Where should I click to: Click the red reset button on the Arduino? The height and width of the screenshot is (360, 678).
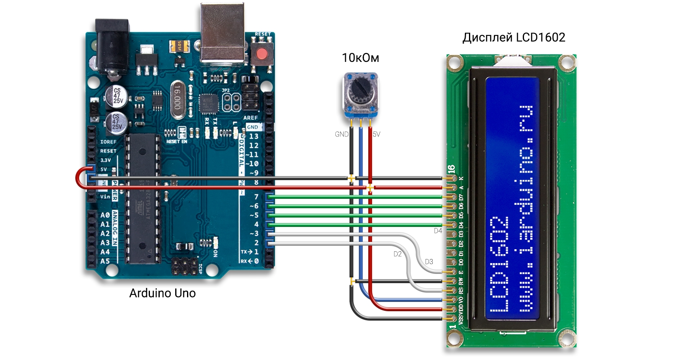click(x=261, y=53)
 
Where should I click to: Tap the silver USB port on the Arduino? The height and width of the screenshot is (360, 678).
click(x=222, y=33)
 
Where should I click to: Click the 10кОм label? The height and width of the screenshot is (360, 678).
click(x=360, y=58)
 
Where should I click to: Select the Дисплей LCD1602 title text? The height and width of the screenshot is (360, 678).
click(x=514, y=37)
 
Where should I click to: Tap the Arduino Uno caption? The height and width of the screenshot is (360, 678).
click(x=162, y=293)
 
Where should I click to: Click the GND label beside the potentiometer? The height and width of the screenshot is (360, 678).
click(x=341, y=134)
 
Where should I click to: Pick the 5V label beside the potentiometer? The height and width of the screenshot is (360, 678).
click(x=376, y=134)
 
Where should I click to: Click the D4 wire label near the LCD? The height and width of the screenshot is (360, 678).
click(x=438, y=231)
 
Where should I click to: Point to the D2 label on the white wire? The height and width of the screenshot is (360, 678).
click(x=397, y=254)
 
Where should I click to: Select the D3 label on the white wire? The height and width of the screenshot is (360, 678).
click(x=429, y=262)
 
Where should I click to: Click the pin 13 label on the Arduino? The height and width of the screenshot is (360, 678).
click(x=253, y=136)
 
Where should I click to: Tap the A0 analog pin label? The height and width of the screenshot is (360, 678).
click(x=105, y=215)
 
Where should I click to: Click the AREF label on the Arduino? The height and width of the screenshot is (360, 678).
click(x=251, y=118)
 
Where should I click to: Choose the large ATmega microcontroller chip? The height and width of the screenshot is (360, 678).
click(x=143, y=198)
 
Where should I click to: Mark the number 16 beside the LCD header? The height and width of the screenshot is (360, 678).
click(x=451, y=169)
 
